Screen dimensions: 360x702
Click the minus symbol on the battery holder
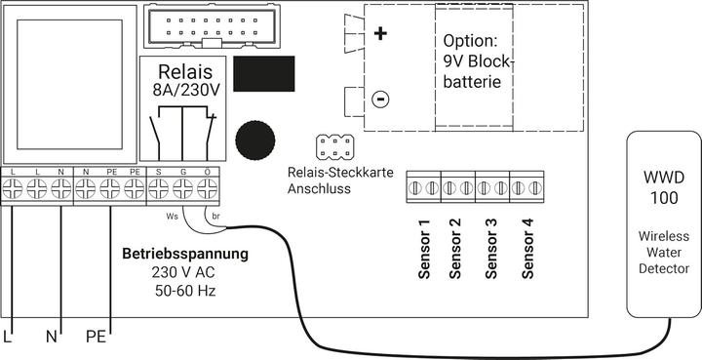(380, 100)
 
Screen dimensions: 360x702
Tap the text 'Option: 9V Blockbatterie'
(477, 63)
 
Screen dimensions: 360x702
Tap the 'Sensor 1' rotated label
(424, 250)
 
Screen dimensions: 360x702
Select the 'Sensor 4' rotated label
(526, 250)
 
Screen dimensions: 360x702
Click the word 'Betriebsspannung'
(184, 255)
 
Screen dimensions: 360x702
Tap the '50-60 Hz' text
(184, 291)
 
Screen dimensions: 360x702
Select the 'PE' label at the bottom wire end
(96, 338)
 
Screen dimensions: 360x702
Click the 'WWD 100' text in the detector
(663, 190)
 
